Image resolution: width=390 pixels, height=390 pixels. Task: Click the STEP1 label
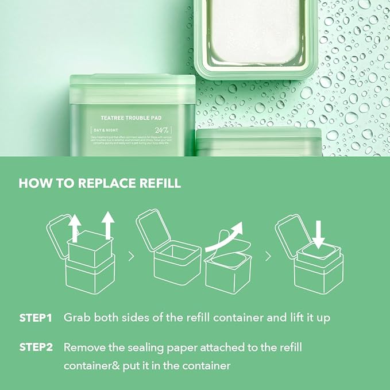coord(36,318)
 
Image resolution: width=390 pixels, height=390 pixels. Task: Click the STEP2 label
coord(36,347)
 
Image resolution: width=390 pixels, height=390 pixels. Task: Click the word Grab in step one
coord(77,318)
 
